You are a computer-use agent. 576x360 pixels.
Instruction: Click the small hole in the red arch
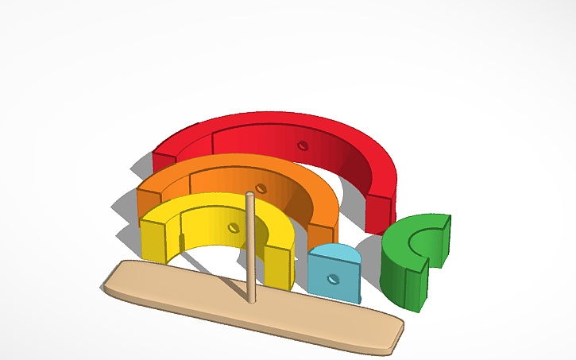click(302, 145)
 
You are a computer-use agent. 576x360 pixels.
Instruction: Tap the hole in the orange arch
click(261, 189)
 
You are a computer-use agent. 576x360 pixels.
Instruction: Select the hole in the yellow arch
click(233, 228)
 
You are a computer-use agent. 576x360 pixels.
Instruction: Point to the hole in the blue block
click(334, 279)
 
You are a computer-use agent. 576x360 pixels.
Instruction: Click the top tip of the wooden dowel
click(249, 194)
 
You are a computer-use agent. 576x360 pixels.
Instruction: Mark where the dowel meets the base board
click(252, 300)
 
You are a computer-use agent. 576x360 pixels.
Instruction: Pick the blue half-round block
click(334, 274)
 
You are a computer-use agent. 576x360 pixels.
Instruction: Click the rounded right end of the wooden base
click(393, 334)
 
